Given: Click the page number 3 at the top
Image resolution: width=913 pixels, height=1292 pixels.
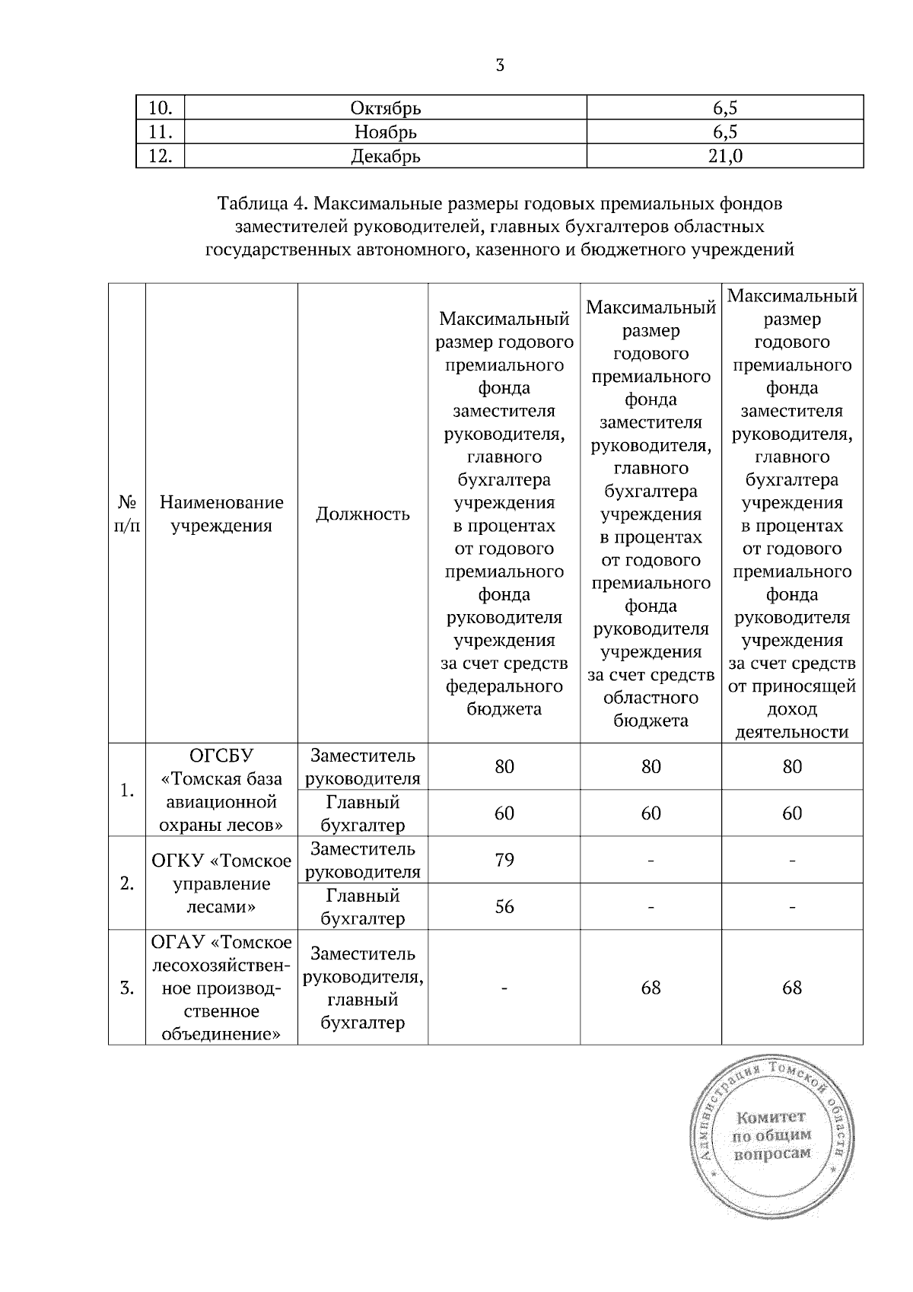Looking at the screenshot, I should point(500,65).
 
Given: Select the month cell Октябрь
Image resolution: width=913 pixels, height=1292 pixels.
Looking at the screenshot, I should point(386,108).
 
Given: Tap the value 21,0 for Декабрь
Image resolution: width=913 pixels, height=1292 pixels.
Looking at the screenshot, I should point(725,156).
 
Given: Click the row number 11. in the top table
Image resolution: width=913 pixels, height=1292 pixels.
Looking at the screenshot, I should point(160,132).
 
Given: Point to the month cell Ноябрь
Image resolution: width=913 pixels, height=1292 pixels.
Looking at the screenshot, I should point(386,132).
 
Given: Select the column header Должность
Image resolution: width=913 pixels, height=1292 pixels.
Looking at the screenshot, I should point(363,514).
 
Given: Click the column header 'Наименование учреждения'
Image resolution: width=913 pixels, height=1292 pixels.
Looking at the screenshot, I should point(221,514).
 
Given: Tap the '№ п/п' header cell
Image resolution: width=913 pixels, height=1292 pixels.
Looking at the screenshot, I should point(127,514).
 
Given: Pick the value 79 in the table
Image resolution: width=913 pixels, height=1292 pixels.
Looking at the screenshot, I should point(504,860).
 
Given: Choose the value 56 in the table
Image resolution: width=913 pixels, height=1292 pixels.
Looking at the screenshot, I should point(504,906).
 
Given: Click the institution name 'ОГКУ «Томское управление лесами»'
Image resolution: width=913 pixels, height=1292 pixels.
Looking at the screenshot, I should point(221,883).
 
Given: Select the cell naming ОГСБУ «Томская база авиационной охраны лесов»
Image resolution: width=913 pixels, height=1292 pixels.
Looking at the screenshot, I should point(221,790).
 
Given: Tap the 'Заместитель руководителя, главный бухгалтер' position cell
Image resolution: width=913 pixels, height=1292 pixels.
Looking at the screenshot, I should point(363,988).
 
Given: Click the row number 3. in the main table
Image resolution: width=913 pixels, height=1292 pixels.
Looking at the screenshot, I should point(127,988).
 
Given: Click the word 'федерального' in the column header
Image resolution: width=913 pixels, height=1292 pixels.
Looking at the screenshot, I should point(504,686).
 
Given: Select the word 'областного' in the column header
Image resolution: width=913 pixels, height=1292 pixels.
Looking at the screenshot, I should point(651,698).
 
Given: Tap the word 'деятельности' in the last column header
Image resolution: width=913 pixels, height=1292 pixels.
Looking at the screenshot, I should point(792,732).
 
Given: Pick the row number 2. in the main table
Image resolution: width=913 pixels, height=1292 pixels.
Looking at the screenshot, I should point(127,883).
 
